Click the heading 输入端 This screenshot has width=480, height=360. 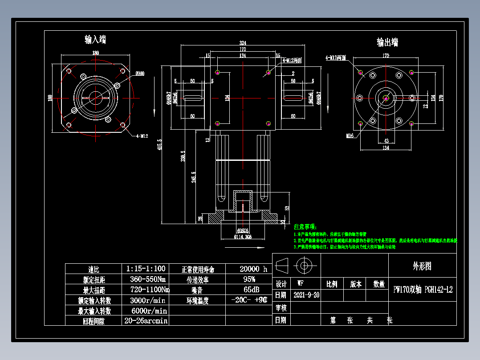point(95,40)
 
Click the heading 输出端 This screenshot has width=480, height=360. point(387,42)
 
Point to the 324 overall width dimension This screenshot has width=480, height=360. point(243,43)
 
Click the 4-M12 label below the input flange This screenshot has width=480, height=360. point(142,135)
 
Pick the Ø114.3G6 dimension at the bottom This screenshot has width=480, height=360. point(243,237)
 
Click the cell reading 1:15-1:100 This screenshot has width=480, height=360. point(146,269)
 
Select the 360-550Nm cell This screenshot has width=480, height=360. point(146,279)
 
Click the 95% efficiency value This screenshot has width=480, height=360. point(249,279)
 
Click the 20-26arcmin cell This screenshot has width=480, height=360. point(146,320)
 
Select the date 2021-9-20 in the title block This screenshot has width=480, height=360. point(306,295)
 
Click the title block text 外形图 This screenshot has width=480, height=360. point(422,266)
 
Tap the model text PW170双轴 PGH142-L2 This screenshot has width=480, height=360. point(423,290)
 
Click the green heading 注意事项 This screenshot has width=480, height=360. point(305,227)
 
